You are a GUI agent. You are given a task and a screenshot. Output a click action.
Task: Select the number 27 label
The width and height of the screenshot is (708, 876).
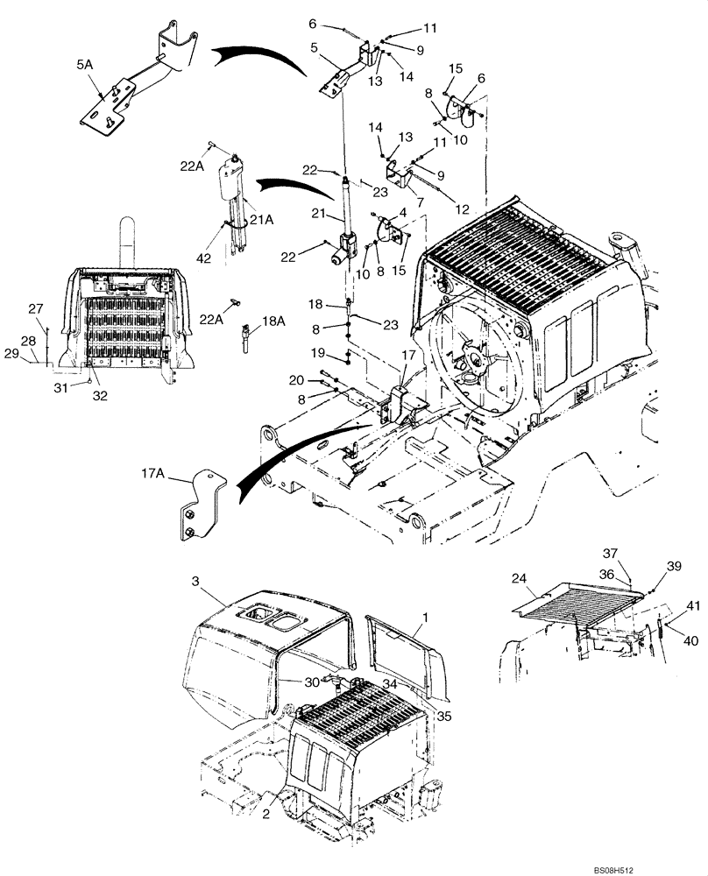35,307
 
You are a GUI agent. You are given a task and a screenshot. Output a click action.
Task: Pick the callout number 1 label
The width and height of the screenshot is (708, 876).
425,618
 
